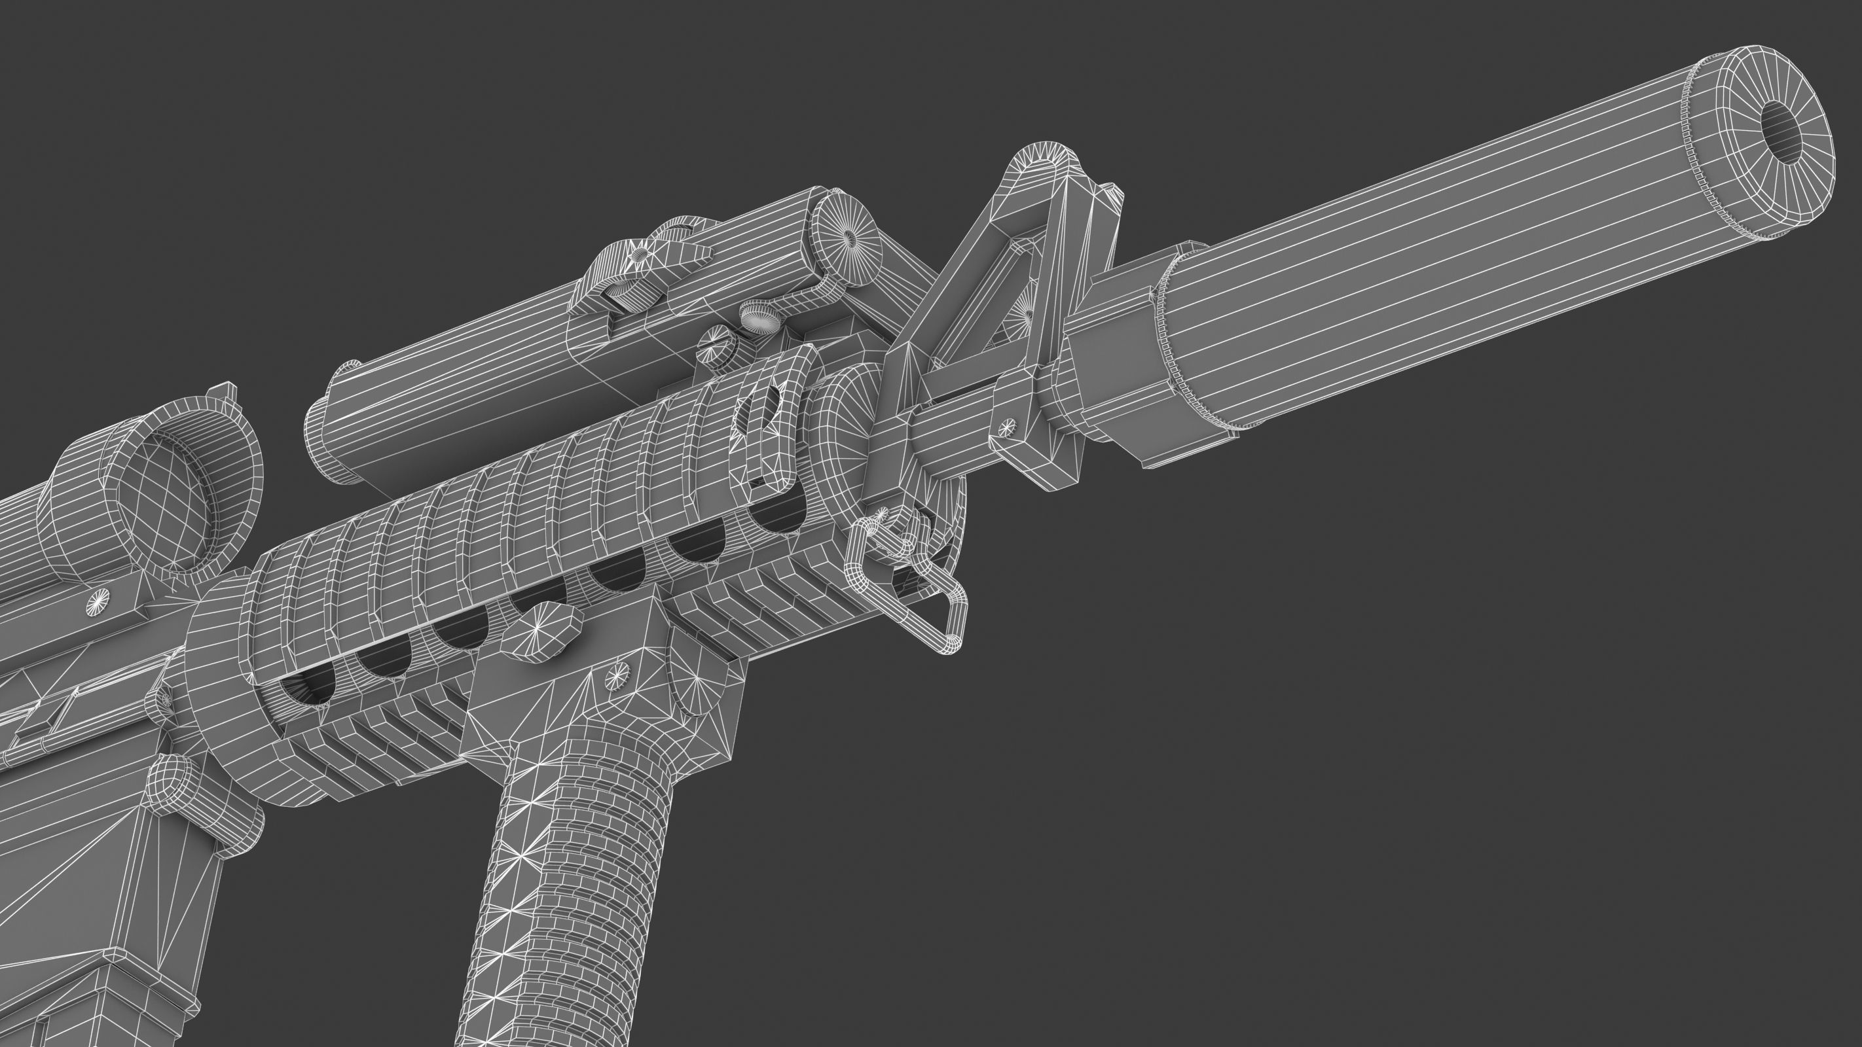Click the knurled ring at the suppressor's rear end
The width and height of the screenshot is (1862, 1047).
(1175, 336)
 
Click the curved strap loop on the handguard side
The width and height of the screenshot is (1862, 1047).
(777, 412)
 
